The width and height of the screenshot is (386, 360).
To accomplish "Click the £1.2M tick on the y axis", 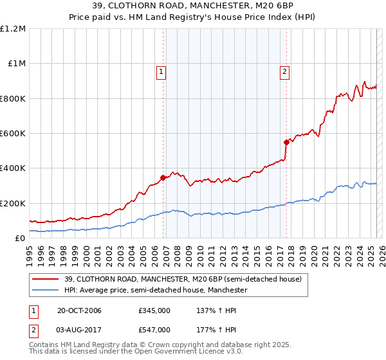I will [x=14, y=29].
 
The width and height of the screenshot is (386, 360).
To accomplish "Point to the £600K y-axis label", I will [x=14, y=134].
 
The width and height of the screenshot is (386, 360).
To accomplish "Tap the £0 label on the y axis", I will [x=21, y=239].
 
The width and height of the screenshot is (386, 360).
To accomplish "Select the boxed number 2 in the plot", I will [x=284, y=73].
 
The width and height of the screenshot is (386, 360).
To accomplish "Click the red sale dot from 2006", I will [x=163, y=178].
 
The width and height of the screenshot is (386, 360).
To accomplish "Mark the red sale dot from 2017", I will [x=287, y=143].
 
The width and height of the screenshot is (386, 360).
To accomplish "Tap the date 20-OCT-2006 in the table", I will [x=79, y=310].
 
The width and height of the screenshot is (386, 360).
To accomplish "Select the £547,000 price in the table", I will [x=154, y=330].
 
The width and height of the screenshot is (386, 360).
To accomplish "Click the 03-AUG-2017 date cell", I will [x=80, y=330].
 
